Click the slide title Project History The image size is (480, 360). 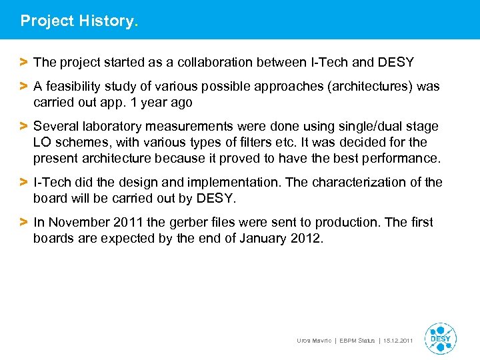pos(79,21)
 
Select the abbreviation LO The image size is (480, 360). pos(42,143)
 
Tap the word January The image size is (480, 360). pos(261,239)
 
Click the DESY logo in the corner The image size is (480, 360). pos(440,339)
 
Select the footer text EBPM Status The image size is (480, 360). pos(357,341)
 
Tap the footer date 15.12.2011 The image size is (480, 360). pos(398,341)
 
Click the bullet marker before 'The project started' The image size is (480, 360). pos(24,63)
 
